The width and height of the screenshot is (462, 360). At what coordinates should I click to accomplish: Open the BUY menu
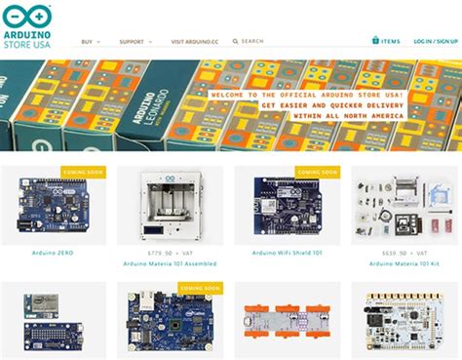[88, 42]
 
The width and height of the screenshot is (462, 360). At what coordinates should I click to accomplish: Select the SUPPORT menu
[133, 42]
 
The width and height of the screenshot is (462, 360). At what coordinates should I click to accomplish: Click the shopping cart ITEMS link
[386, 41]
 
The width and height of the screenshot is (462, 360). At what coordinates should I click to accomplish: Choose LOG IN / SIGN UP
[435, 42]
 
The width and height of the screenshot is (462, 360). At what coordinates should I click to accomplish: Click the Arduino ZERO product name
[53, 253]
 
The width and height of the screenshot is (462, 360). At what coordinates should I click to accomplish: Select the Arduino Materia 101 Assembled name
[169, 263]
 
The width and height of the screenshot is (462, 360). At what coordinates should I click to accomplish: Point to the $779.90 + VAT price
[169, 253]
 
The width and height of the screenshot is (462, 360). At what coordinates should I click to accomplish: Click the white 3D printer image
[169, 206]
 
